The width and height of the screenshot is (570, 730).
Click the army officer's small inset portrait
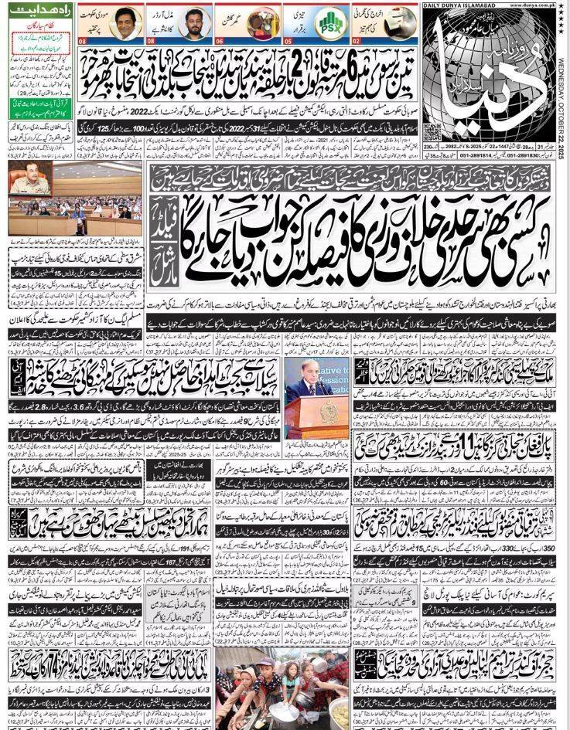pyautogui.click(x=30, y=179)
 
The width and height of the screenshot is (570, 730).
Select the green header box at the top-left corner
pyautogui.click(x=31, y=7)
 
